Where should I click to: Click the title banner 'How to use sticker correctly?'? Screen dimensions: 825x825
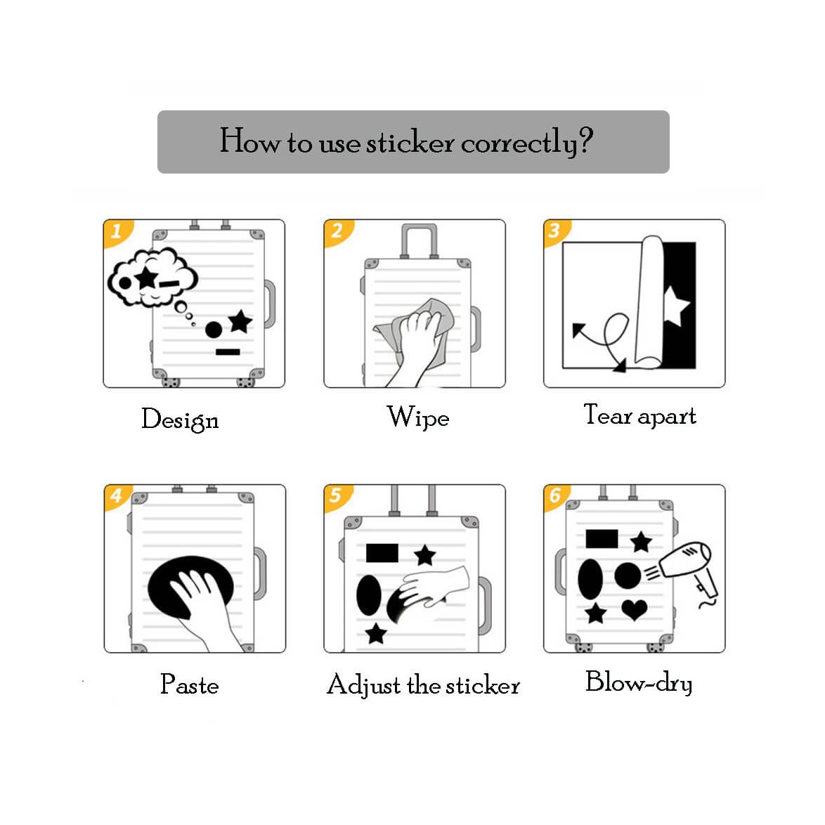[x=413, y=141]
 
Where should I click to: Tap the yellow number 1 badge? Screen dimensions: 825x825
[x=117, y=232]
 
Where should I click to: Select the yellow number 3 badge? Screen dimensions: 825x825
[x=556, y=232]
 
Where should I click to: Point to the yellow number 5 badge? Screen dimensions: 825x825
[x=337, y=498]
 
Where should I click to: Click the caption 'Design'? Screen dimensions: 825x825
[x=180, y=420]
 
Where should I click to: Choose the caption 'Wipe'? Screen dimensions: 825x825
[x=417, y=417]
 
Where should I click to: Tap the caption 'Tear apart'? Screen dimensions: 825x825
[x=639, y=415]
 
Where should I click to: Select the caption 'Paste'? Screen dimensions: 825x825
[x=190, y=684]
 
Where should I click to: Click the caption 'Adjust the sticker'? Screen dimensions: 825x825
[x=423, y=685]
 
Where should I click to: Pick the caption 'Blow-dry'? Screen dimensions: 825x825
[x=639, y=682]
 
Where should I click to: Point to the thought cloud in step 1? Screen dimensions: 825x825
[x=152, y=278]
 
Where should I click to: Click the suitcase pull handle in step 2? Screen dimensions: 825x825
[x=419, y=240]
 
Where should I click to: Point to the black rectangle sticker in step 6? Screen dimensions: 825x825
[x=602, y=539]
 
